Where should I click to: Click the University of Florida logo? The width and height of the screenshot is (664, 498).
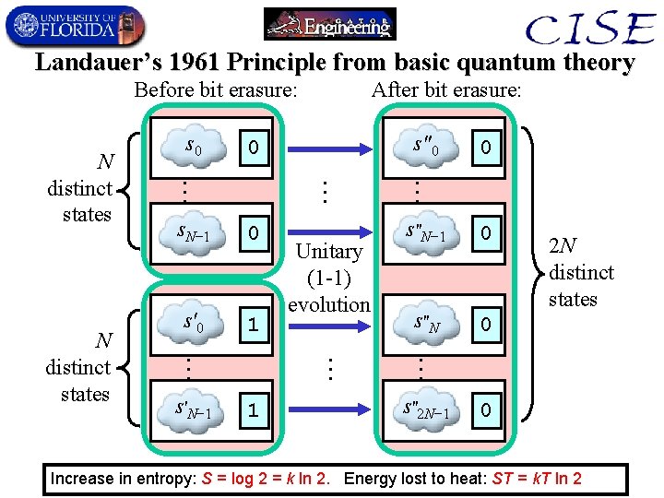point(74,25)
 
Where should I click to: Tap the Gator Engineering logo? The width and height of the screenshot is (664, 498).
point(329,24)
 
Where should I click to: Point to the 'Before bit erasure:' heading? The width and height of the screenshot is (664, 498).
point(216,90)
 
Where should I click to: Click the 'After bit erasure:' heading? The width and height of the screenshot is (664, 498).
point(446,90)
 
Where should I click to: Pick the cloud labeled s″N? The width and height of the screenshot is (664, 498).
point(426,324)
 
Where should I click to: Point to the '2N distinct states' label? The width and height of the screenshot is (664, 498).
point(580,273)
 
